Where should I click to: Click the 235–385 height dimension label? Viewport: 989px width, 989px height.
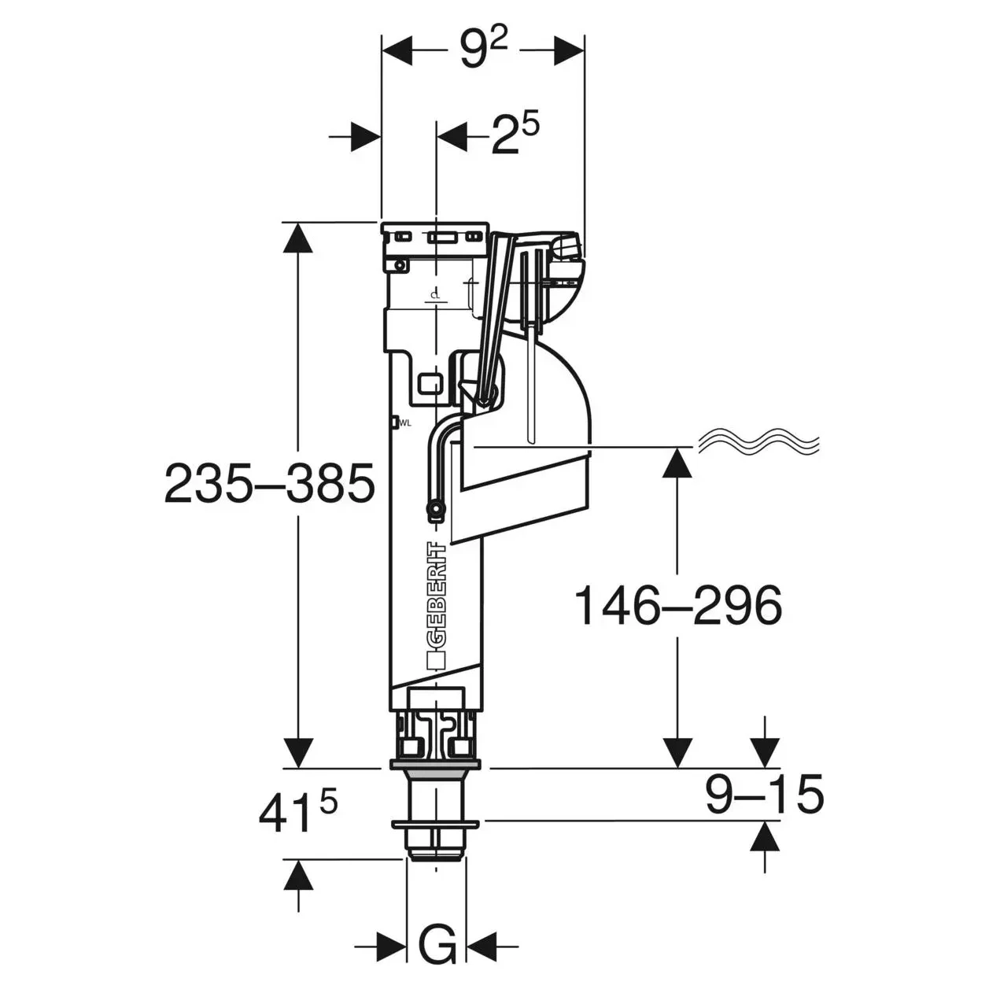(x=269, y=483)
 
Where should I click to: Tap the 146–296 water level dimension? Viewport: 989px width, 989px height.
(x=678, y=606)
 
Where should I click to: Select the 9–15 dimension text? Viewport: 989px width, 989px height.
(x=764, y=795)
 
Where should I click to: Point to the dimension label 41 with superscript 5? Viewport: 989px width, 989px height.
(x=298, y=812)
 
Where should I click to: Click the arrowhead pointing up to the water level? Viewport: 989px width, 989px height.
(x=678, y=462)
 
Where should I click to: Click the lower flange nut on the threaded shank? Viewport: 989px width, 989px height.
(x=435, y=825)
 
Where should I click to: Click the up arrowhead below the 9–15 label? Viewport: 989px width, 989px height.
(x=765, y=836)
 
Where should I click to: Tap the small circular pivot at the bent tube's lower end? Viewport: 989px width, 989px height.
(x=435, y=508)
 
